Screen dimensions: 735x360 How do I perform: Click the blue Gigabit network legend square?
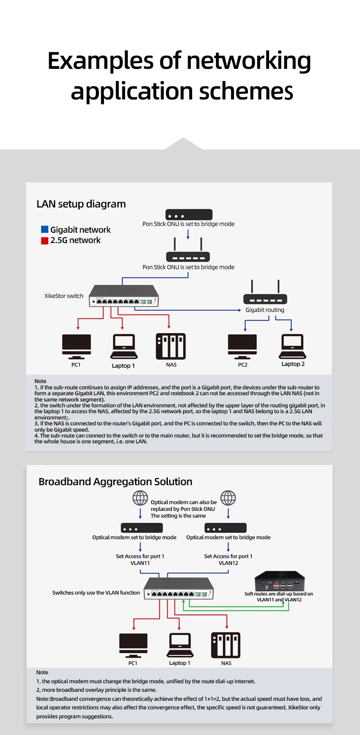point(45,230)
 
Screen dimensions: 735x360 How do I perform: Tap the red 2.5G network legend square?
point(45,240)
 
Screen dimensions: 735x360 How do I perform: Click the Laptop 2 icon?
point(292,346)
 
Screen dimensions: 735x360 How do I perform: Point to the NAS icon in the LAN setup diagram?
point(171,346)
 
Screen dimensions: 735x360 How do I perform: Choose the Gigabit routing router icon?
point(265,293)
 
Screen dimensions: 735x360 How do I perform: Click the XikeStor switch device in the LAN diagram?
point(124,296)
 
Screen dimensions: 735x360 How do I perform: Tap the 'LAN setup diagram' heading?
point(81,204)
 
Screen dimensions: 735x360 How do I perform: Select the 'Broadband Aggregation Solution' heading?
point(115,482)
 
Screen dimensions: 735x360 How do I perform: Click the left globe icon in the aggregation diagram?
point(140,498)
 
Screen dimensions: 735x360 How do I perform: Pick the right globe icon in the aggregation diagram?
point(228,498)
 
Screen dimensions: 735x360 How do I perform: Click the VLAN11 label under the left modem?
point(140,563)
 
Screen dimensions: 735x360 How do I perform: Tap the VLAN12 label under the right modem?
point(228,563)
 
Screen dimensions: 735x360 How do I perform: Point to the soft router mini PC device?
point(279,581)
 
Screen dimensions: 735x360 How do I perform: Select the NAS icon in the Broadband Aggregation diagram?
point(225,645)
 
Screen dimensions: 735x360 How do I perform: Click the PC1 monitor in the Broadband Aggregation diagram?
point(133,645)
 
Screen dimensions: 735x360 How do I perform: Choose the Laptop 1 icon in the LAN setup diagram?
point(124,347)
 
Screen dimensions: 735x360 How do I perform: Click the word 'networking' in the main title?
point(248,61)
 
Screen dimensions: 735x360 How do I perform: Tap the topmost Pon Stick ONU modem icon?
point(189,215)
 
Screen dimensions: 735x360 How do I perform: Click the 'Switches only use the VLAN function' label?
point(96,593)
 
